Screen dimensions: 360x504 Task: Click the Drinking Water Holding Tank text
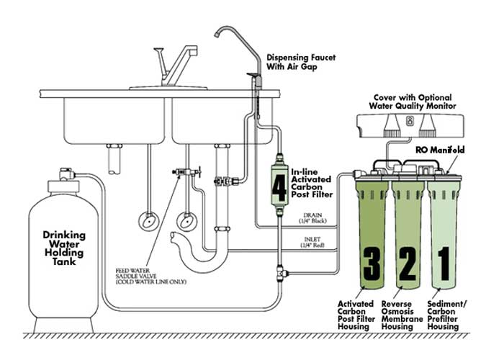[x=64, y=247]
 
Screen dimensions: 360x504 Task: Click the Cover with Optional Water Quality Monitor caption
[x=413, y=102]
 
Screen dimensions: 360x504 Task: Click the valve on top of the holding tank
[x=67, y=174]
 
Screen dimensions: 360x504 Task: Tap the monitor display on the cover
[x=410, y=121]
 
